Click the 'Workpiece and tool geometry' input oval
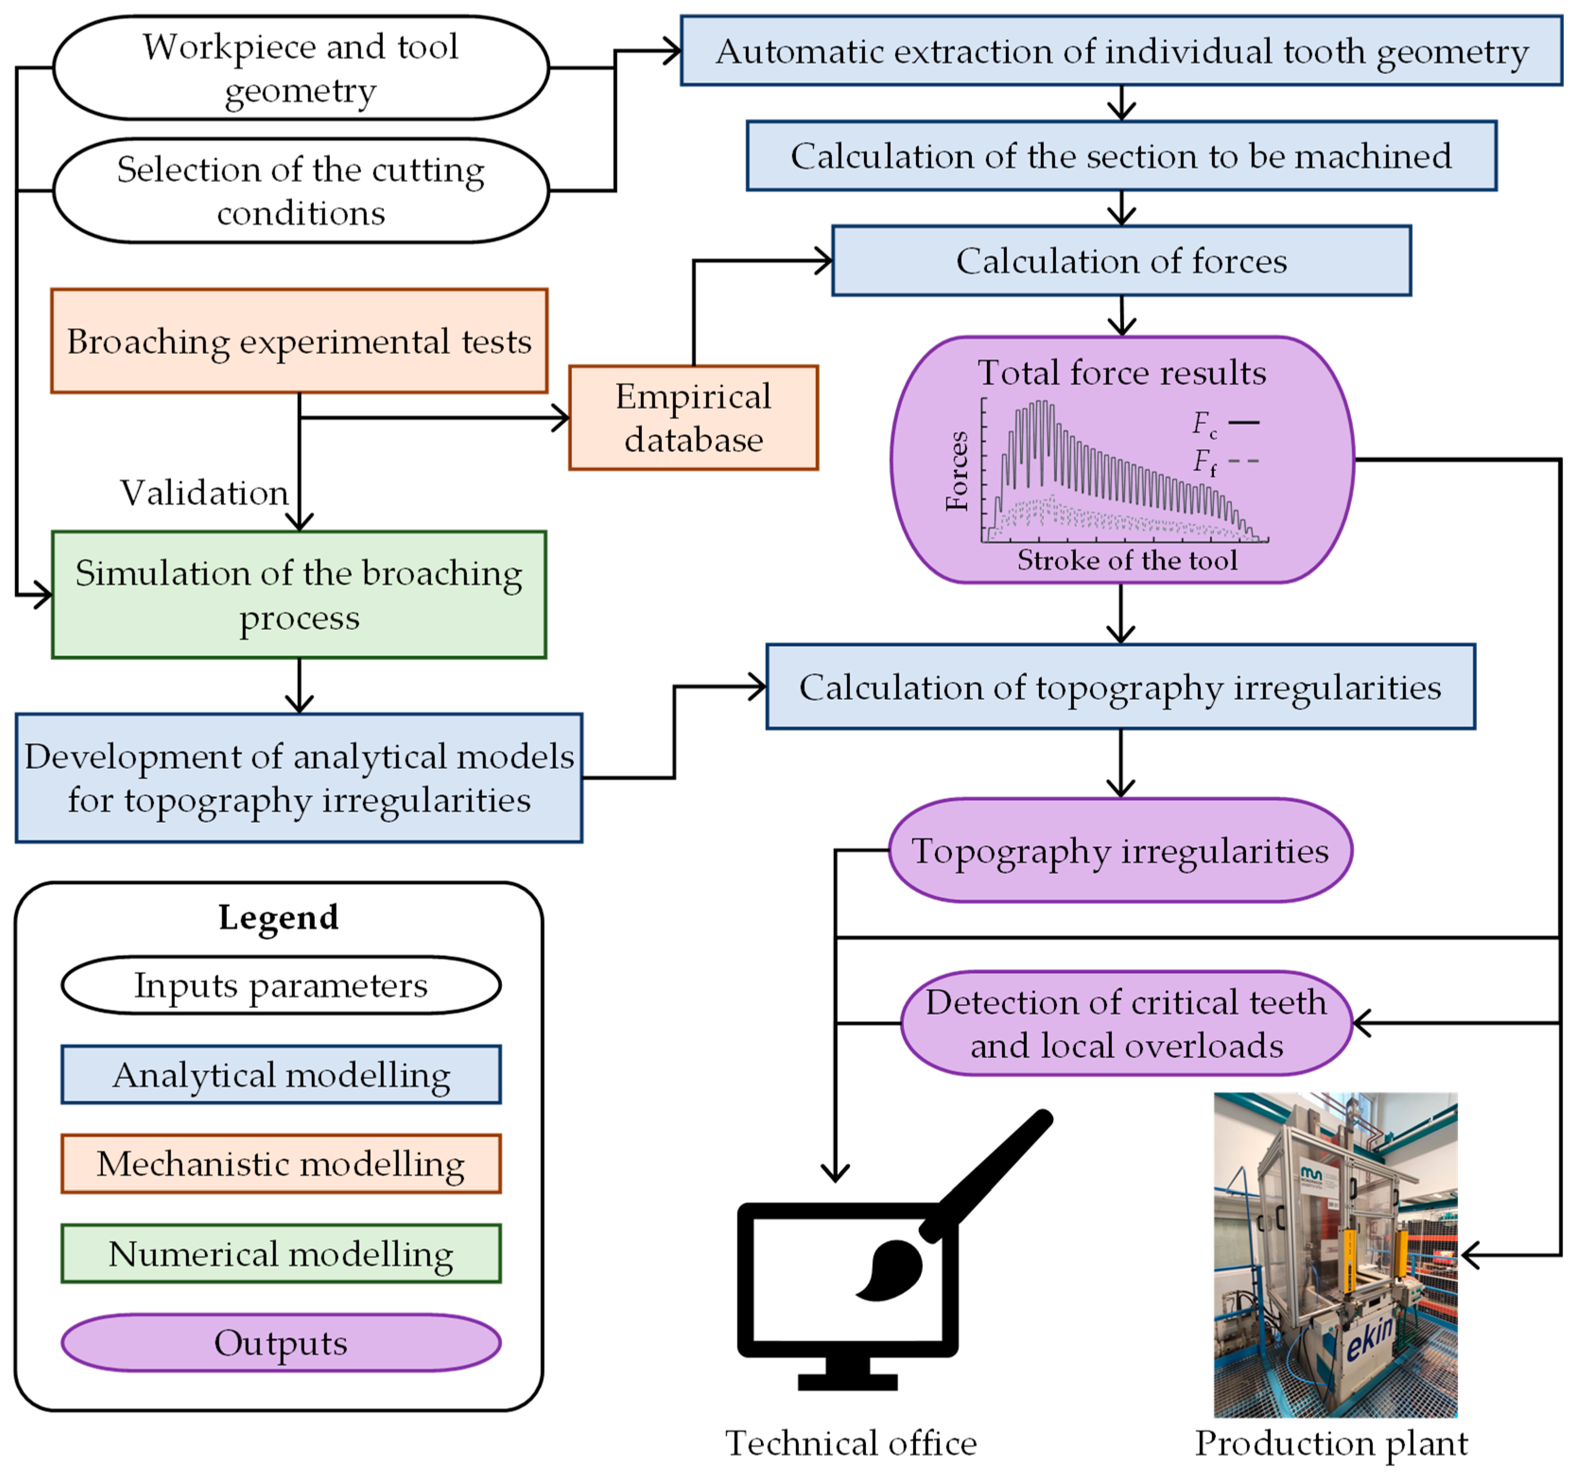(x=301, y=68)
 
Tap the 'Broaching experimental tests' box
(x=300, y=341)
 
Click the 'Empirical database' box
(x=693, y=417)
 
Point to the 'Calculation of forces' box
(x=1121, y=261)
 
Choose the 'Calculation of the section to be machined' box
(x=1121, y=156)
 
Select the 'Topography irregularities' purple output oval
(x=1120, y=851)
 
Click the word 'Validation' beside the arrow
(x=204, y=493)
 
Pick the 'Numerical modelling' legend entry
(x=281, y=1254)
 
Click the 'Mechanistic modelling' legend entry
(x=281, y=1164)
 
